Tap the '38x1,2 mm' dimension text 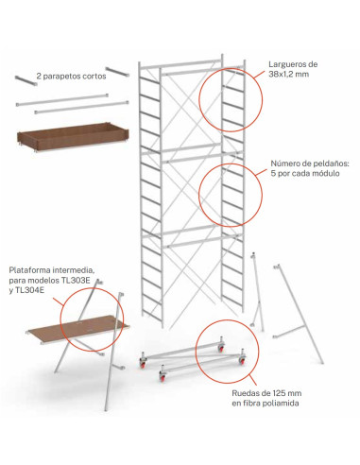(289, 75)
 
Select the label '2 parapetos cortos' (71, 77)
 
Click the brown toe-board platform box (73, 137)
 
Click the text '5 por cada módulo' (305, 173)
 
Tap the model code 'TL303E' (76, 280)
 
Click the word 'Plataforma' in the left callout (29, 270)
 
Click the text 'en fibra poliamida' (266, 404)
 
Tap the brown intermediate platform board (78, 329)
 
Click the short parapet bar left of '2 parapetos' (26, 80)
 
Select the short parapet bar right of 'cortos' (117, 72)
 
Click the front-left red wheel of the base (143, 364)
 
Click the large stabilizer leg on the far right (298, 315)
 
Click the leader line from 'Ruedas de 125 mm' (252, 380)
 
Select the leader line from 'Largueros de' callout (259, 74)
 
